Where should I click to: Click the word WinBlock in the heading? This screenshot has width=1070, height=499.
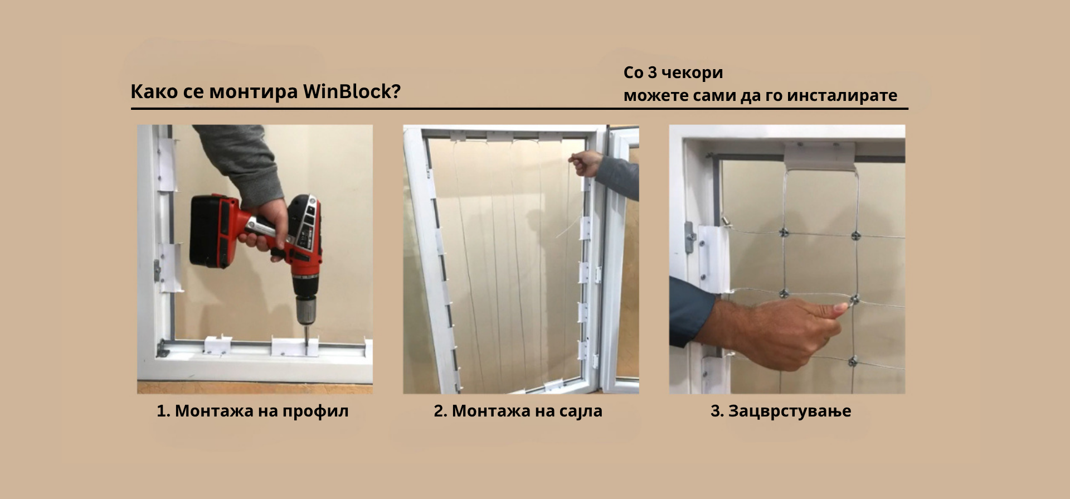352,91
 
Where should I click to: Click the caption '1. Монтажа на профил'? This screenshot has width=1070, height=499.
252,411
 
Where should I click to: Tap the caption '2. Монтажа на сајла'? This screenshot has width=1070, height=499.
518,411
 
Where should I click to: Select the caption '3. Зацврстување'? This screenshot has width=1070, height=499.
781,411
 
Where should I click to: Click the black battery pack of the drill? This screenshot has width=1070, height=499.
212,231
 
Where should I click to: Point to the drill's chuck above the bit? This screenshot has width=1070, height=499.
305,309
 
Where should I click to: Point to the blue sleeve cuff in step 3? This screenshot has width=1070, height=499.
691,312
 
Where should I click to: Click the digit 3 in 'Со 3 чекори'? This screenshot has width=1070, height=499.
652,73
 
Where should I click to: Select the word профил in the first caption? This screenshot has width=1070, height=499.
315,411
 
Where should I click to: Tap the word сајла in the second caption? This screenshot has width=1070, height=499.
578,411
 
